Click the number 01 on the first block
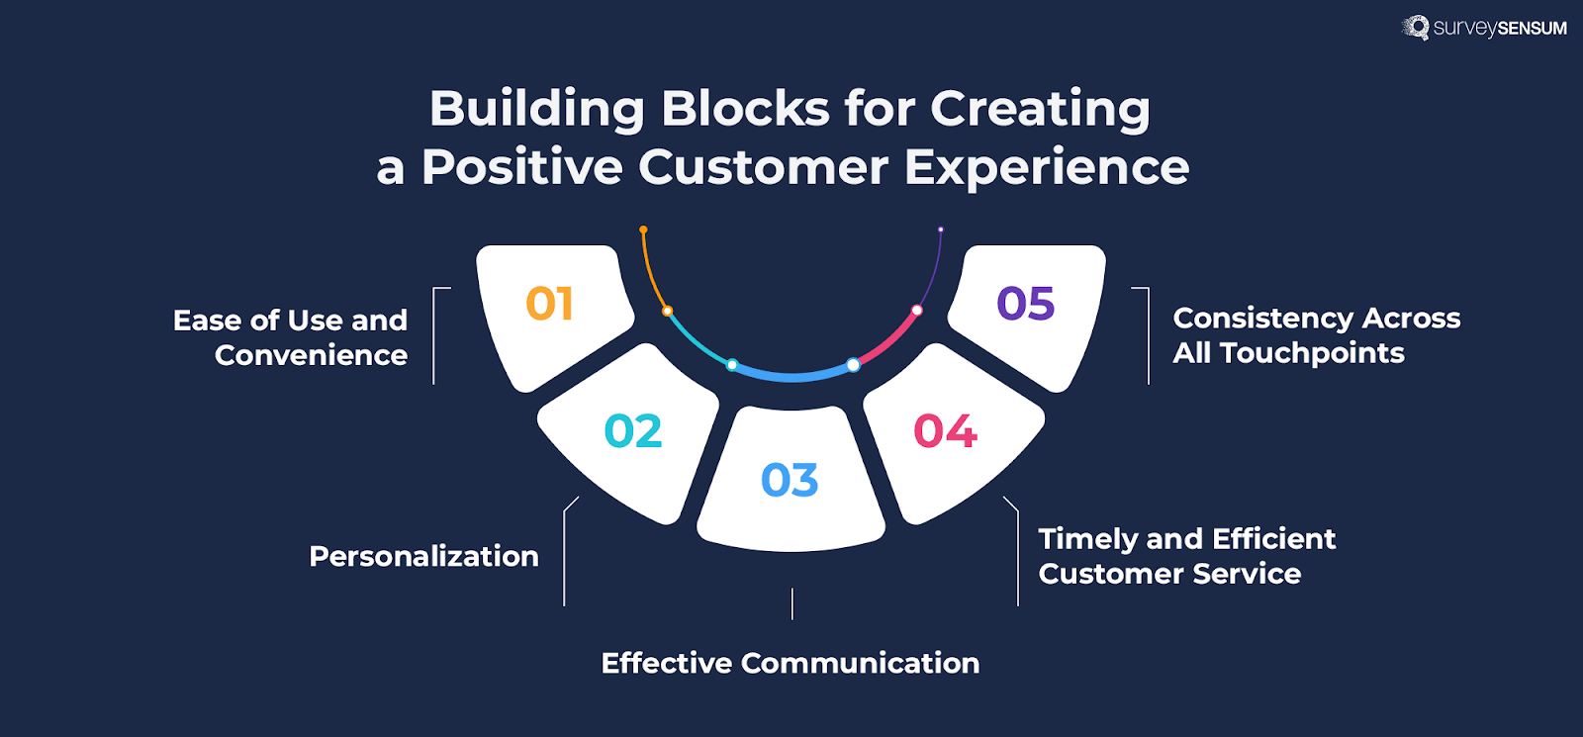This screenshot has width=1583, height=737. click(x=549, y=304)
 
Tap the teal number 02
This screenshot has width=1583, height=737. click(x=633, y=431)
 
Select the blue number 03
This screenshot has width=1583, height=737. click(x=790, y=481)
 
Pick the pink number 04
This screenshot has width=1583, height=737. click(x=945, y=431)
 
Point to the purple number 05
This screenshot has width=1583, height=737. click(x=1025, y=304)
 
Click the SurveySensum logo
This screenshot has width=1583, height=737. click(x=1485, y=28)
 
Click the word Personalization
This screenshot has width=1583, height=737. click(x=423, y=556)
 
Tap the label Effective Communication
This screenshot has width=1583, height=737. click(x=790, y=663)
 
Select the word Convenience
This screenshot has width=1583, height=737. click(x=311, y=355)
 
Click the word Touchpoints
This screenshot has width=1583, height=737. click(x=1312, y=353)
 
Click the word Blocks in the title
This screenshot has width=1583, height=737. click(x=745, y=108)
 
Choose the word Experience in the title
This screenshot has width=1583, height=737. click(x=1047, y=166)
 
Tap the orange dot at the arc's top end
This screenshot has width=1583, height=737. click(x=643, y=230)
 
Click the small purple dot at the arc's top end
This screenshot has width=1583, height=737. click(x=941, y=230)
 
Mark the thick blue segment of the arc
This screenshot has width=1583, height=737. click(x=791, y=376)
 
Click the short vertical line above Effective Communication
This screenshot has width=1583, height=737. click(x=792, y=603)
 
